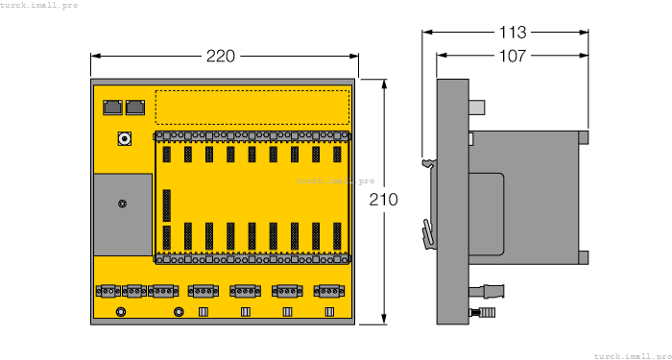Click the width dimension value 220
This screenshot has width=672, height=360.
[220, 57]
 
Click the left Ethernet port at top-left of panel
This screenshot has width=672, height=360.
[111, 107]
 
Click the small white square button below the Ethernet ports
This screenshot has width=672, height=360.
[123, 139]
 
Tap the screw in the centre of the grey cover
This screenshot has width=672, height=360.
[122, 203]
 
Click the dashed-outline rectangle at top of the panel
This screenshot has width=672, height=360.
[252, 107]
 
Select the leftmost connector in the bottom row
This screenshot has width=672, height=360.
[107, 290]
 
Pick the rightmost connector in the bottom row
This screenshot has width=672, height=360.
[329, 290]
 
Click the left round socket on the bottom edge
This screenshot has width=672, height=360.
[121, 311]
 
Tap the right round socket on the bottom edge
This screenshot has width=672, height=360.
[179, 311]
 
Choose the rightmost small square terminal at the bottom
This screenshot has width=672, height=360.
[329, 311]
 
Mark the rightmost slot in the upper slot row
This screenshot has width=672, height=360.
[337, 154]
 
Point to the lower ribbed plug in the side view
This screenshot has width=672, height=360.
[486, 312]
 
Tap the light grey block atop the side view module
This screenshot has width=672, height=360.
[477, 107]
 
